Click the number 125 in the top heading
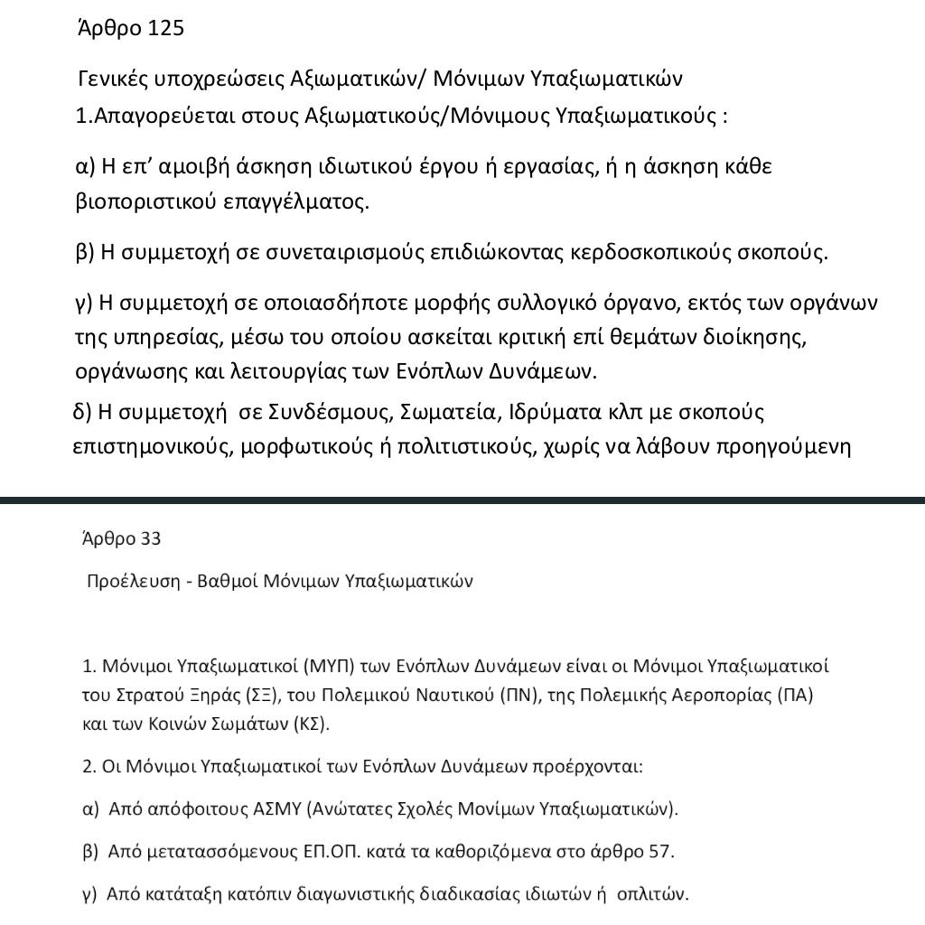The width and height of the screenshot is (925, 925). (x=164, y=28)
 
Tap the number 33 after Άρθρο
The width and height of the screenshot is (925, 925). (x=150, y=539)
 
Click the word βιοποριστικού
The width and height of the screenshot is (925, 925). (x=133, y=201)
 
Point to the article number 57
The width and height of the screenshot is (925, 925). (x=660, y=851)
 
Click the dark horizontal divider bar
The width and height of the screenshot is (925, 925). (x=462, y=500)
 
